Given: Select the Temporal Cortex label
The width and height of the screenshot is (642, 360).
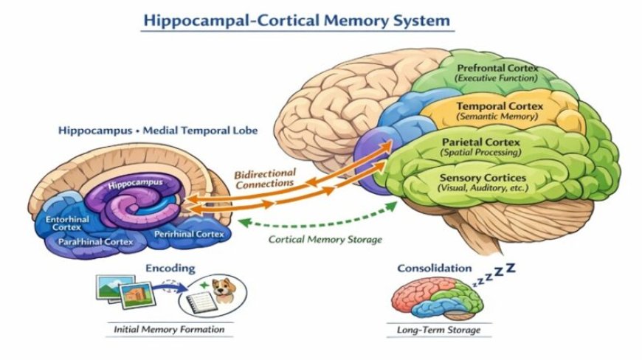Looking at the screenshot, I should (500, 106).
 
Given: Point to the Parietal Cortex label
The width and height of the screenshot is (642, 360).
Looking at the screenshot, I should (480, 142).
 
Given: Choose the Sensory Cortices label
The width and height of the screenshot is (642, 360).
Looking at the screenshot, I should (483, 178).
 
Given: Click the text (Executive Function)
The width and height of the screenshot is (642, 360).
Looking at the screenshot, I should (497, 78).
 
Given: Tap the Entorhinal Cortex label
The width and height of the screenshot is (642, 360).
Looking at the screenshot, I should (68, 223).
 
